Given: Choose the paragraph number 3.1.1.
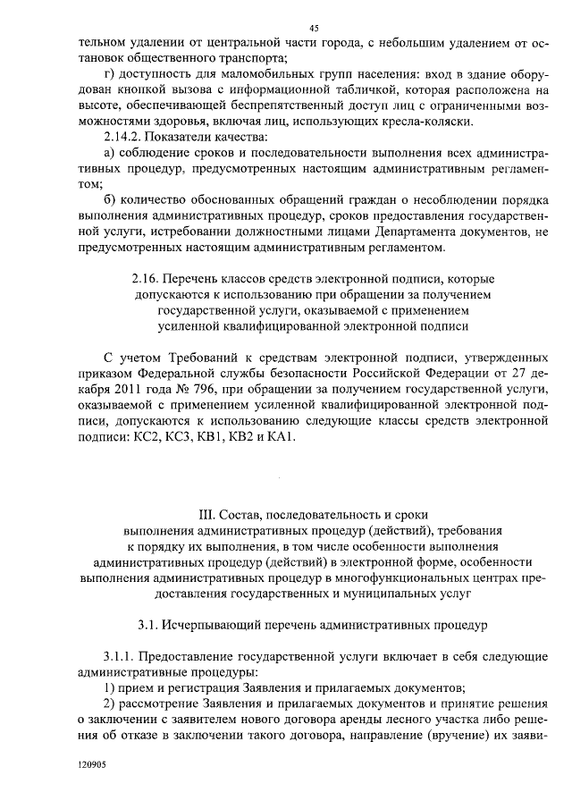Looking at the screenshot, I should click(122, 656).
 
